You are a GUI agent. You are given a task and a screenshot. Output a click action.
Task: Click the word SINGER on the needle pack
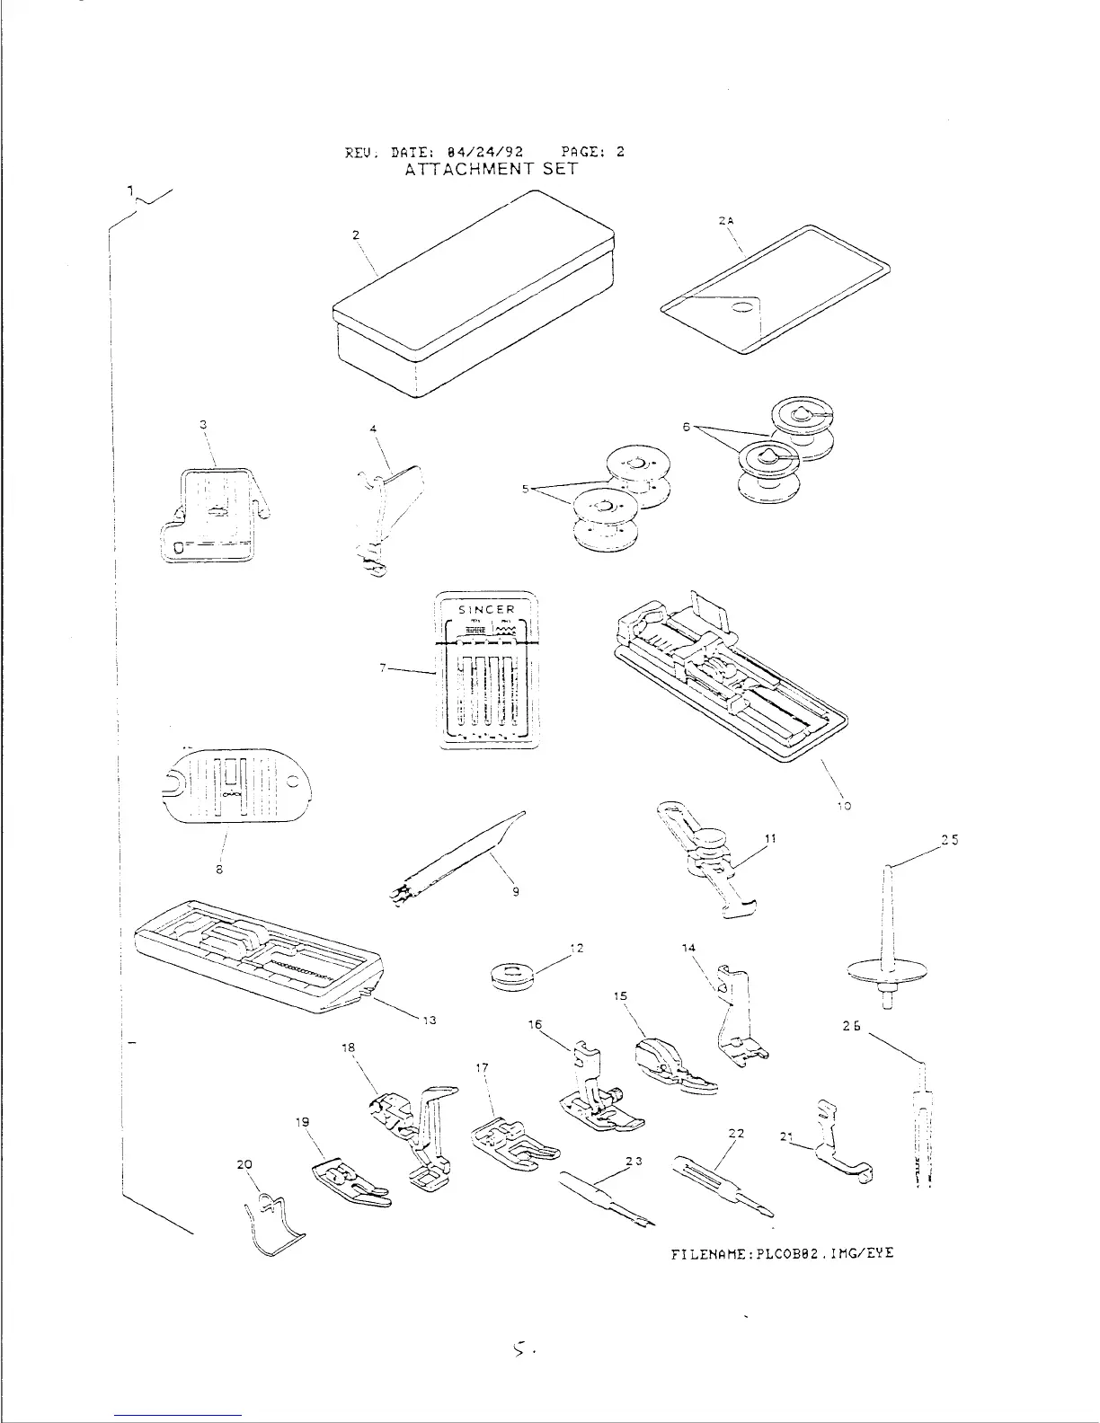click(x=487, y=610)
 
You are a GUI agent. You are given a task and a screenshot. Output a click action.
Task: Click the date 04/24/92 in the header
click(x=492, y=152)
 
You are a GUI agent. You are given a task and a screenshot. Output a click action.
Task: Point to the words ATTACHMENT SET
click(x=491, y=168)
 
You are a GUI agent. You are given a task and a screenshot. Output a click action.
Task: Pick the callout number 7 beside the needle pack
click(x=383, y=668)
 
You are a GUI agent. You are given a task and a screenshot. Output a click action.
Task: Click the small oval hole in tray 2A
click(x=743, y=308)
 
